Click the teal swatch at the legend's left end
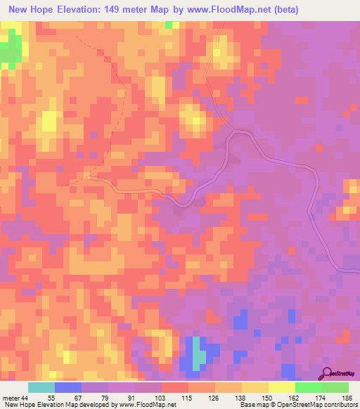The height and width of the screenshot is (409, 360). tap(41, 387)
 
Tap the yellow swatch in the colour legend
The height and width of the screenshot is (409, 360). tap(282, 387)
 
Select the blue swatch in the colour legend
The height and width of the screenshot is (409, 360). tap(68, 387)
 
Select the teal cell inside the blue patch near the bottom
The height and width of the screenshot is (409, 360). tap(200, 356)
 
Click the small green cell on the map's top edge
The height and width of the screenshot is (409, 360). tap(169, 25)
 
